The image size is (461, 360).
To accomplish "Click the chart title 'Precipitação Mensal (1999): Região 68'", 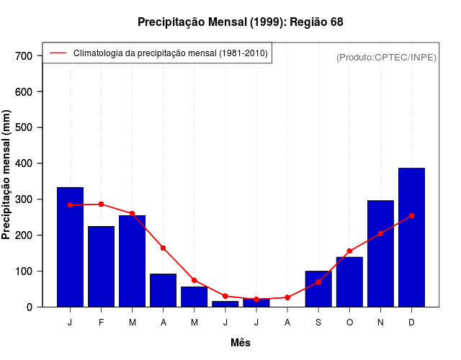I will (x=240, y=22).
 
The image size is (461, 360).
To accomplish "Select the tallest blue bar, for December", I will (x=411, y=238).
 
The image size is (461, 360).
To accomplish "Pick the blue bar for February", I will (x=101, y=266).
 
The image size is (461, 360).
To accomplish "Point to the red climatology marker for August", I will (x=287, y=297).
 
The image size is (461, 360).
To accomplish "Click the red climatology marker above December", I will (x=411, y=215).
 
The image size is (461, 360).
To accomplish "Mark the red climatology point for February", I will (x=101, y=204).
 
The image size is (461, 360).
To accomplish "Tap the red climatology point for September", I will (x=318, y=282).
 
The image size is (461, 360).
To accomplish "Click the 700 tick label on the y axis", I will (x=24, y=56).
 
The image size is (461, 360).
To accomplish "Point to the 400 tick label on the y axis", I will (x=24, y=163).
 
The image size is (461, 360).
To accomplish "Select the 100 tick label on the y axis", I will (x=24, y=271).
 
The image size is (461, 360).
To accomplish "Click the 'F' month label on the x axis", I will (x=101, y=323).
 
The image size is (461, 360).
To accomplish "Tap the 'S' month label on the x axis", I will (x=318, y=323).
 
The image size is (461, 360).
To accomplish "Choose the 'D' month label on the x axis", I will (x=411, y=323).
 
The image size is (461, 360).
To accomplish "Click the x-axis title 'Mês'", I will (x=241, y=343).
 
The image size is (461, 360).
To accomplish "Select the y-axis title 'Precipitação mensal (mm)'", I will (x=7, y=174).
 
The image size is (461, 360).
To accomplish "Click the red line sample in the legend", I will (x=58, y=53).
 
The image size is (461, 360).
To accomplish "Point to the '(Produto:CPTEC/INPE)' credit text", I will (x=386, y=57).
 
